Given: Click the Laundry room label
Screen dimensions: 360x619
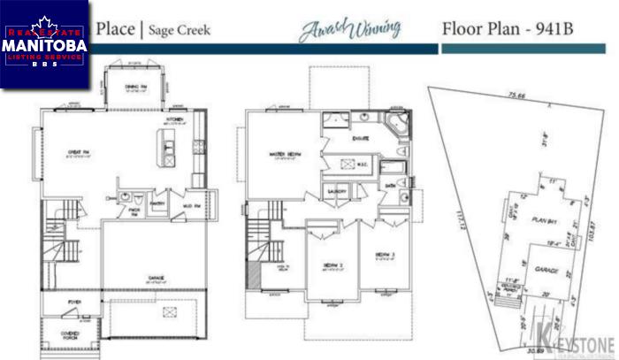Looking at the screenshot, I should point(335,191).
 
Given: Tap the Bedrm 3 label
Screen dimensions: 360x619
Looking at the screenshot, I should point(382,256).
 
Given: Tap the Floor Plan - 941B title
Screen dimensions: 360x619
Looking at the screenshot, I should point(508,27).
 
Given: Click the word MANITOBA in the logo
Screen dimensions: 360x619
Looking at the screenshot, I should point(43,43).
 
